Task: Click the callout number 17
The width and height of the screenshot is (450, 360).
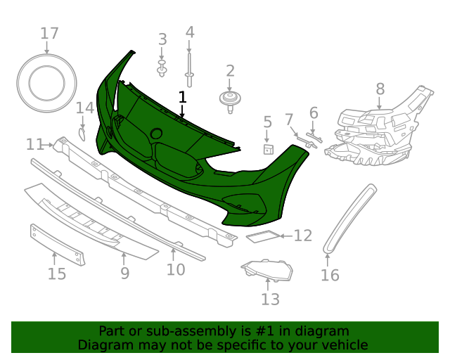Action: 49,33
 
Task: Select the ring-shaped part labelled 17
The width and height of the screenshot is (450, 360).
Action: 47,84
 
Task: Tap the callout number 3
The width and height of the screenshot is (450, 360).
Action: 162,39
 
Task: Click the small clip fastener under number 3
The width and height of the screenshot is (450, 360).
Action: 162,69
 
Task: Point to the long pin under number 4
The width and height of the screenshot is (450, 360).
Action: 189,60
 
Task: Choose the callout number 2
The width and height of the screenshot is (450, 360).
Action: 230,70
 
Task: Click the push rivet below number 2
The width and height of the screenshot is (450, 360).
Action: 230,99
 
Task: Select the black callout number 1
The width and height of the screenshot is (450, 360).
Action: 183,96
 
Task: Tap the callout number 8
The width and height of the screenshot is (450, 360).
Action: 380,89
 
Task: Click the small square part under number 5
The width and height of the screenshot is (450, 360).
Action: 267,148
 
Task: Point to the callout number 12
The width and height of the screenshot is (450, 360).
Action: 302,236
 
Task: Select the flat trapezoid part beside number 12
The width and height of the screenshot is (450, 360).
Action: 263,237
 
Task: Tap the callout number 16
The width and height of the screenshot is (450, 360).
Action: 330,275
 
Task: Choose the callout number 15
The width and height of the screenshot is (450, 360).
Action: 57,273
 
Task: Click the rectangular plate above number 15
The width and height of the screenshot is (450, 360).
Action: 58,243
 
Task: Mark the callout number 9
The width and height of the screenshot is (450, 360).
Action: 124,273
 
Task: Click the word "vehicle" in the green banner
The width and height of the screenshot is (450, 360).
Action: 344,345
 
